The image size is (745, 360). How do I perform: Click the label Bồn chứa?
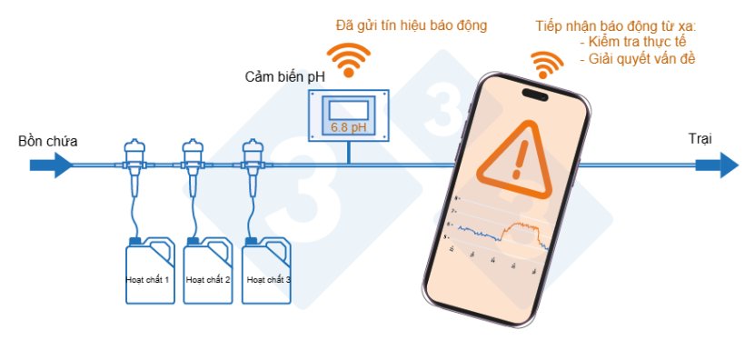click(x=48, y=142)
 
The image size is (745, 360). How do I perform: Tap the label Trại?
click(x=700, y=138)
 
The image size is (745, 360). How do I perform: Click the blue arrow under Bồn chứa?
click(x=51, y=165)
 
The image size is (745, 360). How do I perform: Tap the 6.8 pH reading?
click(x=349, y=128)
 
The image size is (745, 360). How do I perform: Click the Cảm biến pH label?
click(x=285, y=75)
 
